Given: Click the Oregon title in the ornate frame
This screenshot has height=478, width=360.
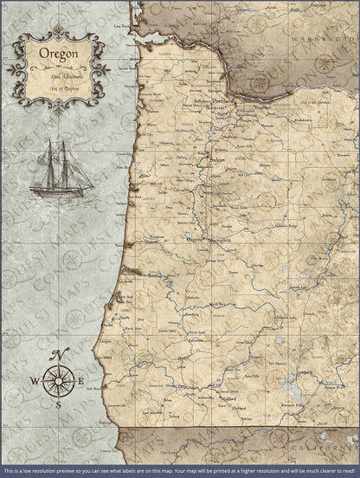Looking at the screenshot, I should [59, 55].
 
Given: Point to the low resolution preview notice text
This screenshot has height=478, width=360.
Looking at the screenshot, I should [180, 471].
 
